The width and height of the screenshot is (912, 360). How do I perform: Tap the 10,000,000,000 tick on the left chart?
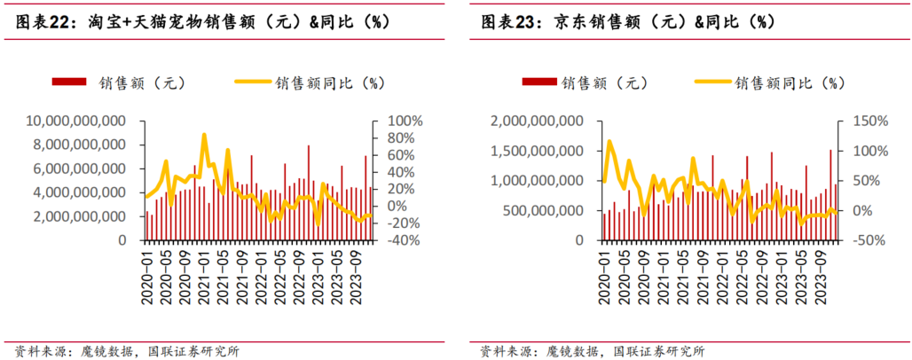(75, 121)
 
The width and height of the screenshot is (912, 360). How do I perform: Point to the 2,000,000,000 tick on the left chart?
(82, 216)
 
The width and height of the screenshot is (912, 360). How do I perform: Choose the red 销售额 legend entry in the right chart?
(586, 82)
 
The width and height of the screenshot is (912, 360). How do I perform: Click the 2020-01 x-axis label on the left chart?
(147, 275)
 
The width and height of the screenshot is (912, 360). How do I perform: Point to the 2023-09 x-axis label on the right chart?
(822, 275)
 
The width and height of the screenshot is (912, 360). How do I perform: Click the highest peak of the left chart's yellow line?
(205, 135)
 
